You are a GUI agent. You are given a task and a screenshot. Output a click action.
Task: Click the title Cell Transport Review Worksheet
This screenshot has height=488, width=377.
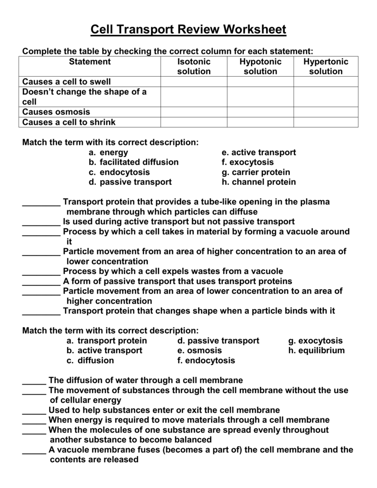pyautogui.click(x=188, y=30)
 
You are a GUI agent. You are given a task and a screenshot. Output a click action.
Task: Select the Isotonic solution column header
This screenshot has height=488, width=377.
pyautogui.click(x=194, y=67)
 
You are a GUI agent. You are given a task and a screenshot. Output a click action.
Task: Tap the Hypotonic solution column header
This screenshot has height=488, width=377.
pyautogui.click(x=260, y=67)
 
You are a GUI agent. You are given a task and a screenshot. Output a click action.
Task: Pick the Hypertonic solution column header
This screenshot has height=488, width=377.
pyautogui.click(x=326, y=67)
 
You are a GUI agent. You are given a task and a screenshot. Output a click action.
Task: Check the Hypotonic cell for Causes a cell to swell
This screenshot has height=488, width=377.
pyautogui.click(x=260, y=82)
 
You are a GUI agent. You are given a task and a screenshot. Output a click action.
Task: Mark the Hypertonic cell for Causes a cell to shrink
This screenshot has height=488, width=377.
pyautogui.click(x=326, y=122)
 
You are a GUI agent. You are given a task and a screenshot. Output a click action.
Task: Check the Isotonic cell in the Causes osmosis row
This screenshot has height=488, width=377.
pyautogui.click(x=194, y=112)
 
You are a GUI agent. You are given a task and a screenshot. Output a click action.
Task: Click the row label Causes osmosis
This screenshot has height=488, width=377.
pyautogui.click(x=56, y=112)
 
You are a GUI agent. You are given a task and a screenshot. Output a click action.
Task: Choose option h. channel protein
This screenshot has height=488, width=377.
pyautogui.click(x=259, y=183)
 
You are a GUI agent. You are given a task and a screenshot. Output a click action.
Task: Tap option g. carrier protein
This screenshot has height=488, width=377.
pyautogui.click(x=256, y=173)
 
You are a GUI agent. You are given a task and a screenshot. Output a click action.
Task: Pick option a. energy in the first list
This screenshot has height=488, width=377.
pyautogui.click(x=108, y=152)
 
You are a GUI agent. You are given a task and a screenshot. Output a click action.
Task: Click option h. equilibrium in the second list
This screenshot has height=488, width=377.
pyautogui.click(x=316, y=351)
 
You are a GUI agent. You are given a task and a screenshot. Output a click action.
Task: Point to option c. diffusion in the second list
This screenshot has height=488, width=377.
pyautogui.click(x=90, y=361)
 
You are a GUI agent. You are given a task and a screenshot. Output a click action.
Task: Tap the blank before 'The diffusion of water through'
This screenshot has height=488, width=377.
pyautogui.click(x=34, y=381)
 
